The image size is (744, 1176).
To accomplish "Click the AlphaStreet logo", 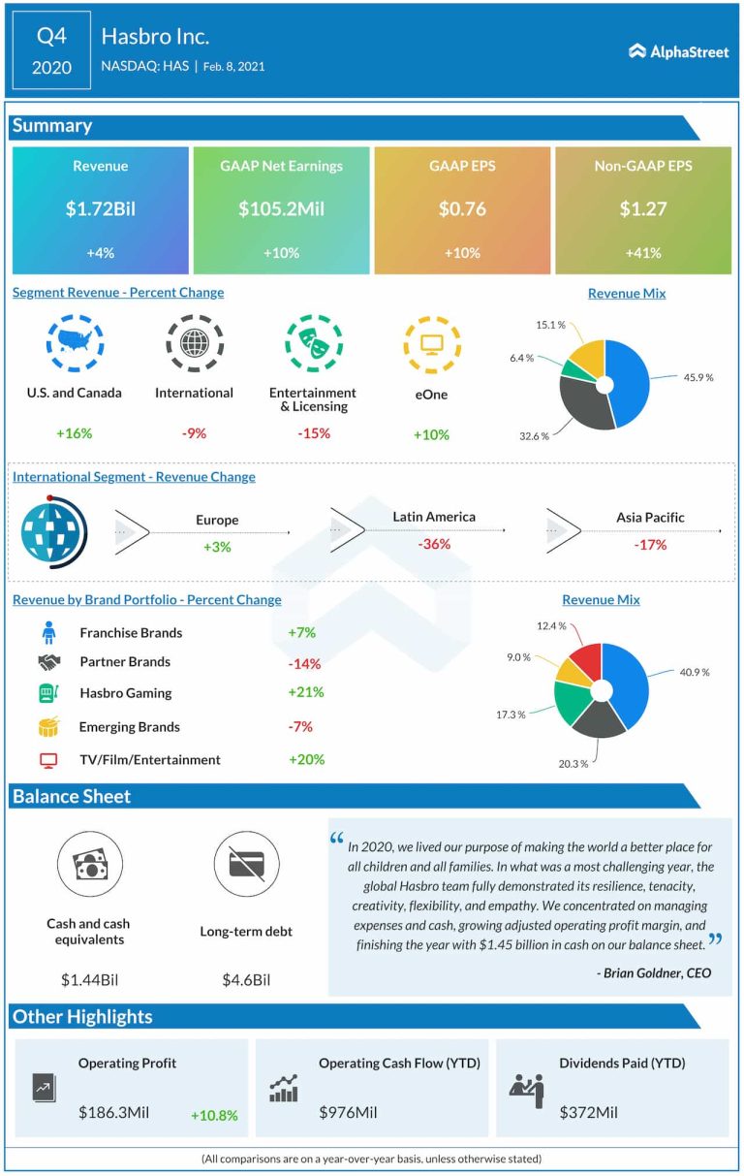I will tap(678, 51).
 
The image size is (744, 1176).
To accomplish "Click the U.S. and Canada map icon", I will tap(75, 342).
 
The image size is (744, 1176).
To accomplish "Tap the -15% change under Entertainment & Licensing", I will tap(312, 433).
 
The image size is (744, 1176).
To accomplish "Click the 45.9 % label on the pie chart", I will tap(696, 376).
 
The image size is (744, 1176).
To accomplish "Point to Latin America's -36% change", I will tap(434, 545).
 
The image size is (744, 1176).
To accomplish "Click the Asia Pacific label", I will tap(650, 518).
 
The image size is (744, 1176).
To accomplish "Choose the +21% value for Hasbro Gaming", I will tap(306, 692).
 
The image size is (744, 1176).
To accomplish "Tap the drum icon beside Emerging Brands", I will tap(48, 727).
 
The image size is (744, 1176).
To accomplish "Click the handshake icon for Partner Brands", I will tap(48, 662).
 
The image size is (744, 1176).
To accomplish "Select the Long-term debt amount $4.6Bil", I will tap(246, 979).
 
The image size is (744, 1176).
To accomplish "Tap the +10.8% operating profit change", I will tap(214, 1115).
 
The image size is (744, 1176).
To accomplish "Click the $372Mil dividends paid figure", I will tap(588, 1113).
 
